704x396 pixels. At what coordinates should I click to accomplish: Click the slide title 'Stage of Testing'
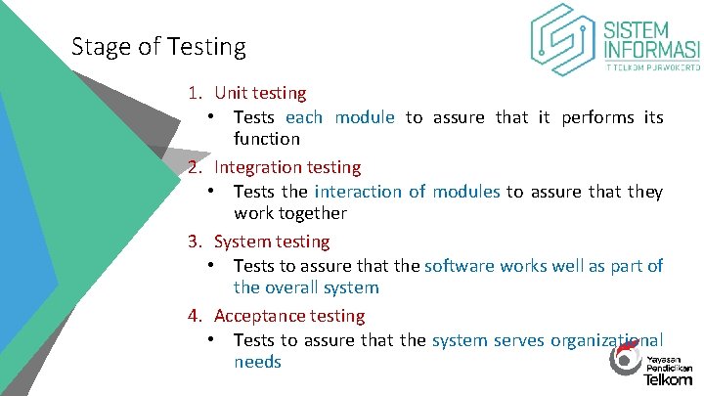click(x=158, y=46)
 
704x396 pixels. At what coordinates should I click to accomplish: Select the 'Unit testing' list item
click(x=260, y=93)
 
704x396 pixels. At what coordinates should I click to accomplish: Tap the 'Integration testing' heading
click(x=287, y=167)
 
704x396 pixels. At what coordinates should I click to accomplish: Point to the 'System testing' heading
click(x=272, y=242)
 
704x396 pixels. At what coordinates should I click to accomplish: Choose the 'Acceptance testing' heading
click(x=289, y=316)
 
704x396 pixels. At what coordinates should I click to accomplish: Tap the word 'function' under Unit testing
click(x=266, y=139)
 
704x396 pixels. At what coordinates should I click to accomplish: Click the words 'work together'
click(x=290, y=213)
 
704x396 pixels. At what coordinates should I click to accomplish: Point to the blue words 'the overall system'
click(x=305, y=287)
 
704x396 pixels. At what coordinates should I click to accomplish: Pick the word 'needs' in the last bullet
click(x=257, y=362)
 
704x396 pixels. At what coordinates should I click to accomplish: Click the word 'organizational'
click(x=606, y=340)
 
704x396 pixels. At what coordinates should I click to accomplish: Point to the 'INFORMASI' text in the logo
click(x=651, y=50)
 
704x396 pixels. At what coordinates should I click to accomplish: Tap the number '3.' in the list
click(x=196, y=242)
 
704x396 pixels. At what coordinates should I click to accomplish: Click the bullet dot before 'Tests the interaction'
click(x=211, y=192)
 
